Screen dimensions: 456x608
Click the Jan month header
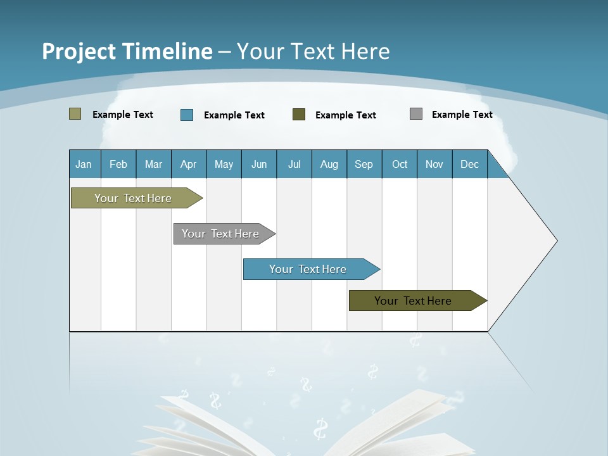click(x=84, y=164)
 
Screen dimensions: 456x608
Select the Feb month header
click(x=118, y=164)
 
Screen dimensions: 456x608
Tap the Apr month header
click(x=188, y=164)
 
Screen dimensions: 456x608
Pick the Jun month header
click(x=259, y=164)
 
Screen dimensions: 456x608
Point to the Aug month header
click(x=329, y=164)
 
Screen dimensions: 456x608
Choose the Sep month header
click(x=364, y=164)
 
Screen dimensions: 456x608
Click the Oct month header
click(x=400, y=164)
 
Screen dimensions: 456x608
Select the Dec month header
click(x=470, y=164)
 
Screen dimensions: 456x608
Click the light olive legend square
click(x=75, y=114)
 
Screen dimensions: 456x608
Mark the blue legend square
click(x=187, y=115)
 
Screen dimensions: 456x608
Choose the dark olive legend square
click(x=299, y=115)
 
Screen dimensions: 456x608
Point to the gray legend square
click(x=416, y=114)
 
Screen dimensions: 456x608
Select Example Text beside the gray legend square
click(x=462, y=114)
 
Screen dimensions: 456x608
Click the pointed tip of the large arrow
click(x=555, y=241)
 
